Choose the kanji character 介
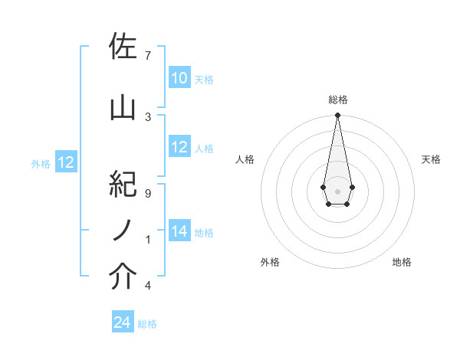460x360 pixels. pyautogui.click(x=123, y=277)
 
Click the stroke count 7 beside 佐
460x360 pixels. pyautogui.click(x=148, y=56)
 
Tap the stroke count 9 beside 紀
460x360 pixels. pyautogui.click(x=148, y=194)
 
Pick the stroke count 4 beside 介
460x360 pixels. pyautogui.click(x=148, y=286)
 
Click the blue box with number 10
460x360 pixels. pyautogui.click(x=179, y=78)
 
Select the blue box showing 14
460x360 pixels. pyautogui.click(x=179, y=231)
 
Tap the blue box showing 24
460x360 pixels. pyautogui.click(x=123, y=322)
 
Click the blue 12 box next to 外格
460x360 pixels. pyautogui.click(x=65, y=162)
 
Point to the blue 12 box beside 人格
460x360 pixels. pyautogui.click(x=179, y=147)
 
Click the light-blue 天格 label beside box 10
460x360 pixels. pyautogui.click(x=204, y=79)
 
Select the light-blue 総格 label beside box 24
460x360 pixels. pyautogui.click(x=147, y=323)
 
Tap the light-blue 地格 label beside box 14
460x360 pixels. pyautogui.click(x=204, y=232)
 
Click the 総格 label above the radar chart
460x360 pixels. pyautogui.click(x=337, y=100)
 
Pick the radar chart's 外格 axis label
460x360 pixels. pyautogui.click(x=270, y=262)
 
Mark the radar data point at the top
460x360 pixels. pyautogui.click(x=337, y=116)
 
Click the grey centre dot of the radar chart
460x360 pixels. pyautogui.click(x=337, y=190)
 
